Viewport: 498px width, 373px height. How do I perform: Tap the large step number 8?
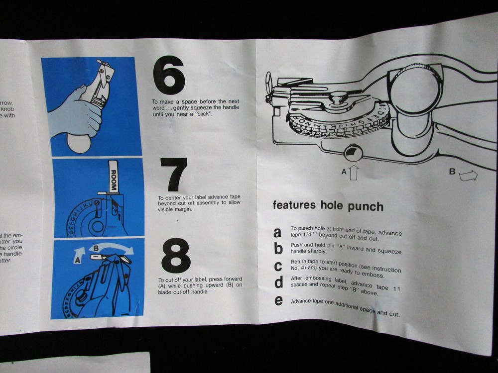[175, 256]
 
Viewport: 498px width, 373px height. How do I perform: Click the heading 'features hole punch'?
[328, 206]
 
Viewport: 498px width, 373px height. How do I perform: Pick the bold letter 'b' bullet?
[278, 249]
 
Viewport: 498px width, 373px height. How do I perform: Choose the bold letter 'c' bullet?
[278, 266]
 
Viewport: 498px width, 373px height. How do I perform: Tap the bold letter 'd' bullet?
[279, 282]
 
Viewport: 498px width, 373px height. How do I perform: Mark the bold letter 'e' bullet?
[279, 300]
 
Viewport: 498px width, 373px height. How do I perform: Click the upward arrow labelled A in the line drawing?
[353, 173]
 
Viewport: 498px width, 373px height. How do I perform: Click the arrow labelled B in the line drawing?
[468, 175]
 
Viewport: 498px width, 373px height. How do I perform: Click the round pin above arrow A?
[353, 152]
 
